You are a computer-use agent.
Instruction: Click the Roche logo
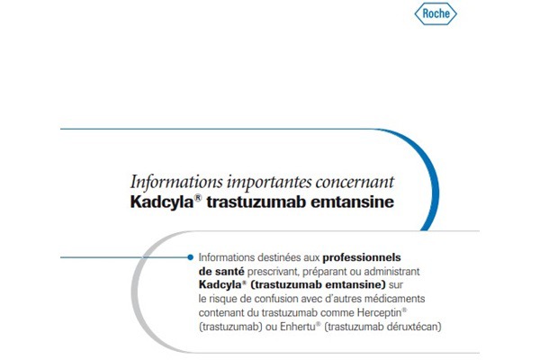436,13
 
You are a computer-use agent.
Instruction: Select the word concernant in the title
355,182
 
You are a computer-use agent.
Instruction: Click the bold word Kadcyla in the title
162,202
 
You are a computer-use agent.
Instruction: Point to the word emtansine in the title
352,202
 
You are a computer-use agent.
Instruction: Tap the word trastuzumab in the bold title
256,202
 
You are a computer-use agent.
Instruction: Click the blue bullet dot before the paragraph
190,257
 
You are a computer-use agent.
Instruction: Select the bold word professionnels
362,257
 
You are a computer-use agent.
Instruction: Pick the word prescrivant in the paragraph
274,272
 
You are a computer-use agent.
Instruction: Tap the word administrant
391,272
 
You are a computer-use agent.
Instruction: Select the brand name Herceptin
380,313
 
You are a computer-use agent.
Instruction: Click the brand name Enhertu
298,327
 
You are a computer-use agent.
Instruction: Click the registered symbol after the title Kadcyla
198,198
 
